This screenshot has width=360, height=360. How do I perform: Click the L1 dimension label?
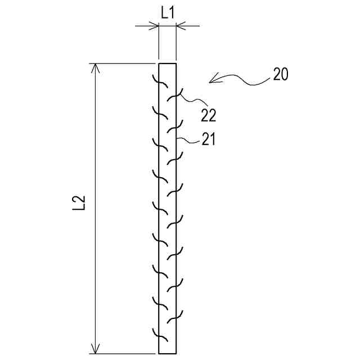point(167,12)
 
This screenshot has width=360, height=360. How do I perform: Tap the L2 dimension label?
point(80,204)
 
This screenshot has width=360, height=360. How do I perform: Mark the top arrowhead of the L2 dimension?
point(96,68)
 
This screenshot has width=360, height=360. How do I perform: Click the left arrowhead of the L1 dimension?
point(154,25)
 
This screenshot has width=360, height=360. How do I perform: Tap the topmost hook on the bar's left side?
point(162,82)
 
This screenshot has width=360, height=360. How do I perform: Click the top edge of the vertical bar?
point(168,63)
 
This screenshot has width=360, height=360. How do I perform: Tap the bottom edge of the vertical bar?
point(168,354)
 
